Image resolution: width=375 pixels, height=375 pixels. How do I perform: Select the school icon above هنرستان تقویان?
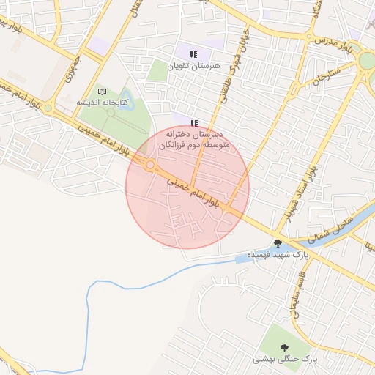(193, 54)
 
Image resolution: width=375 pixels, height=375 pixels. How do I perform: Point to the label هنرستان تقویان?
(193, 66)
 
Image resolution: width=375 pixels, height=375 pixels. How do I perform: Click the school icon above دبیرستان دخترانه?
(193, 123)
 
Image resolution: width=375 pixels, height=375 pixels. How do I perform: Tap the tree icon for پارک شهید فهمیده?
(278, 242)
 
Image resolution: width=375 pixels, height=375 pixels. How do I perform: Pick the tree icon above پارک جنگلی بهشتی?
(284, 347)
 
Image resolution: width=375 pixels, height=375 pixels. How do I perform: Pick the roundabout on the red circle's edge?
(149, 166)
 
